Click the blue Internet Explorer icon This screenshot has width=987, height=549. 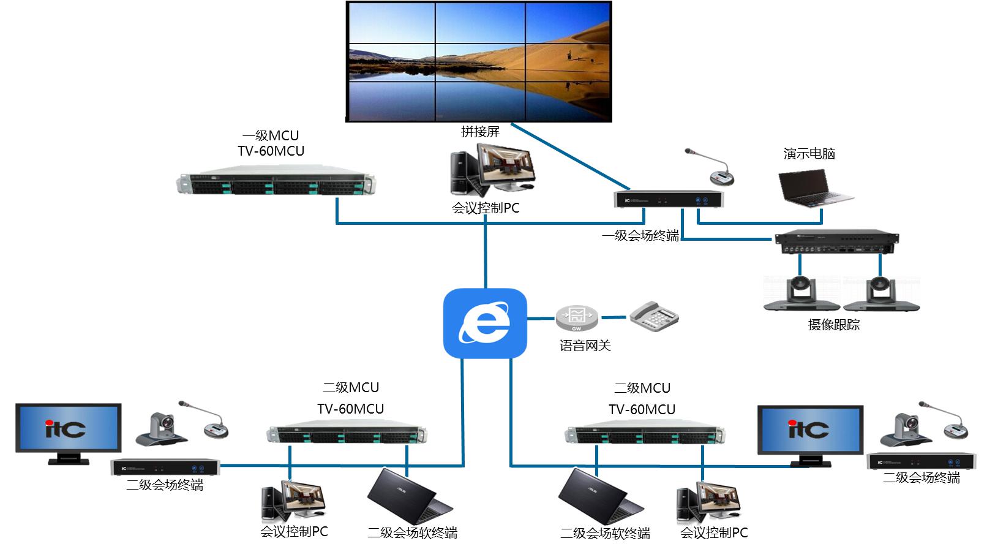(x=485, y=324)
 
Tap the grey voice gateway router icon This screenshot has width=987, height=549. (x=576, y=317)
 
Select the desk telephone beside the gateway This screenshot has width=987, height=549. (x=654, y=316)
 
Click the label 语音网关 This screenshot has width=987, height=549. (x=585, y=346)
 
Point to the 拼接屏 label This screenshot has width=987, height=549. (x=480, y=131)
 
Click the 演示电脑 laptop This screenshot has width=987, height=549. (x=814, y=187)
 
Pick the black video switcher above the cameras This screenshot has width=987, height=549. (x=836, y=243)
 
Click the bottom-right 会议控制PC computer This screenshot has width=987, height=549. (x=709, y=503)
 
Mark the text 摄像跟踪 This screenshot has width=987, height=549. (x=833, y=325)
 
